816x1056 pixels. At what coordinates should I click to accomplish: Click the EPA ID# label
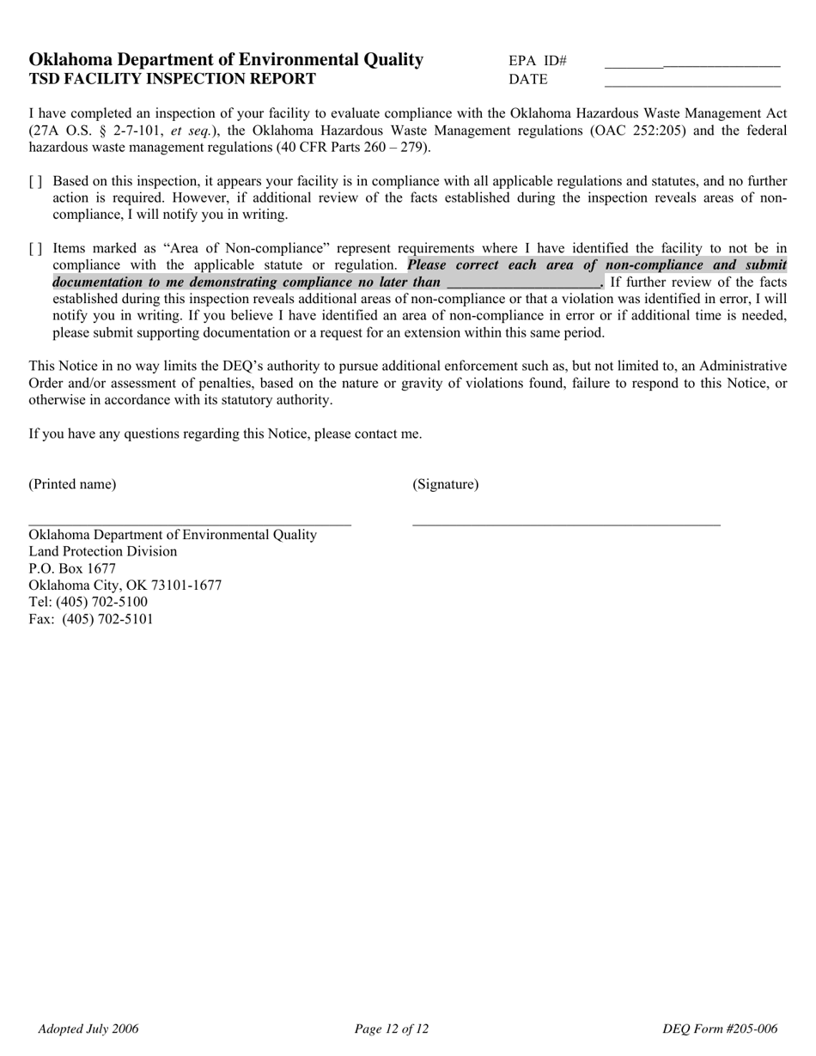click(538, 61)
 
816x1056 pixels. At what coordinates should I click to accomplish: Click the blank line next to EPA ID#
click(692, 64)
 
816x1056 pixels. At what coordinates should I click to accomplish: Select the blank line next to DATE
click(692, 83)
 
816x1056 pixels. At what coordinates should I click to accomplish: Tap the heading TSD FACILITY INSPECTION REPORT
click(172, 79)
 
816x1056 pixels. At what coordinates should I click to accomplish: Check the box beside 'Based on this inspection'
click(35, 182)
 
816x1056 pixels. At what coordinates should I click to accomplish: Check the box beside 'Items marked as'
click(35, 249)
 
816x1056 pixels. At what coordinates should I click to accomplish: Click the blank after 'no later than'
click(523, 282)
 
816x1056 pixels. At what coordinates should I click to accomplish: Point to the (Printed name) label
click(72, 484)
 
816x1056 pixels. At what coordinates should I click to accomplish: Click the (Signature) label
click(446, 484)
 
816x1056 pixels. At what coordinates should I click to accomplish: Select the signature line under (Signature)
click(566, 524)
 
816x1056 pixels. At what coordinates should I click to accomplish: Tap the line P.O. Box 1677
click(72, 568)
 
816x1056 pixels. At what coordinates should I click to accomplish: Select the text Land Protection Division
click(103, 551)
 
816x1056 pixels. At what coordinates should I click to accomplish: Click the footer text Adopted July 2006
click(88, 1029)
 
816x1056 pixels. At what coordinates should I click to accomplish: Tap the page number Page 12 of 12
click(391, 1029)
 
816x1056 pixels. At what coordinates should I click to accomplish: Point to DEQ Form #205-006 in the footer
click(720, 1029)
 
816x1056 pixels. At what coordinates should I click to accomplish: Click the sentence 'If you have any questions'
click(225, 434)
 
